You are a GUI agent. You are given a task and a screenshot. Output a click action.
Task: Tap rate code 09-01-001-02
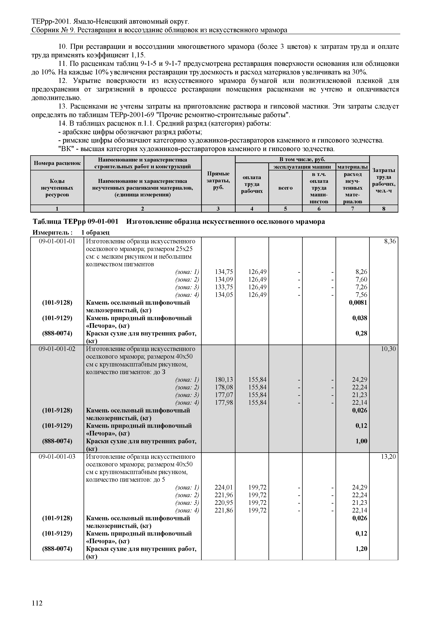coord(57,349)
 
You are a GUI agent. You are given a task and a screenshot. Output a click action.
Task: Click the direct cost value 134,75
coord(224,272)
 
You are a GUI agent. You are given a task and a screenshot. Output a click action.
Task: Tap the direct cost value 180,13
coord(224,379)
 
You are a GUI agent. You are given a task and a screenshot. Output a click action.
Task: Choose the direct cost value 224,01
coord(224,487)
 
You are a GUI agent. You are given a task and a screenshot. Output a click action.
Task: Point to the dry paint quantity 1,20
coord(361,548)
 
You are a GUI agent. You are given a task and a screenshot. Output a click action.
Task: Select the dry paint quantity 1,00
coord(361,441)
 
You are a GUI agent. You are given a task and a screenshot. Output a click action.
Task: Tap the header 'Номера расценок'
coord(57,163)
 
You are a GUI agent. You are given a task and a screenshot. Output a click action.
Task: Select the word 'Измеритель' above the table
coord(52,233)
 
